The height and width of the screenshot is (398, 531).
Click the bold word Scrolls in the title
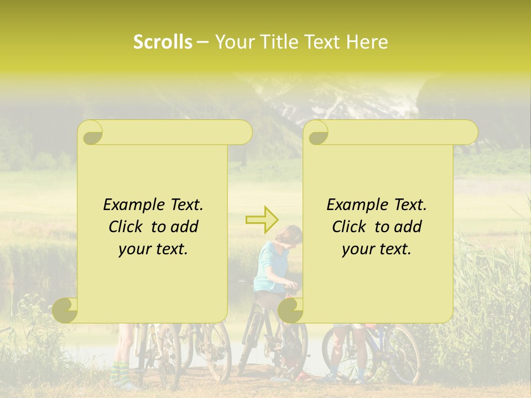(x=163, y=42)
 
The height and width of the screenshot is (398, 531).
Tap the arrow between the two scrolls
(x=262, y=219)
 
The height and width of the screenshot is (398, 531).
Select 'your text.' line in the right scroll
(x=377, y=249)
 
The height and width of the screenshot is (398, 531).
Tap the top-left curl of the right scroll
(x=317, y=133)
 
